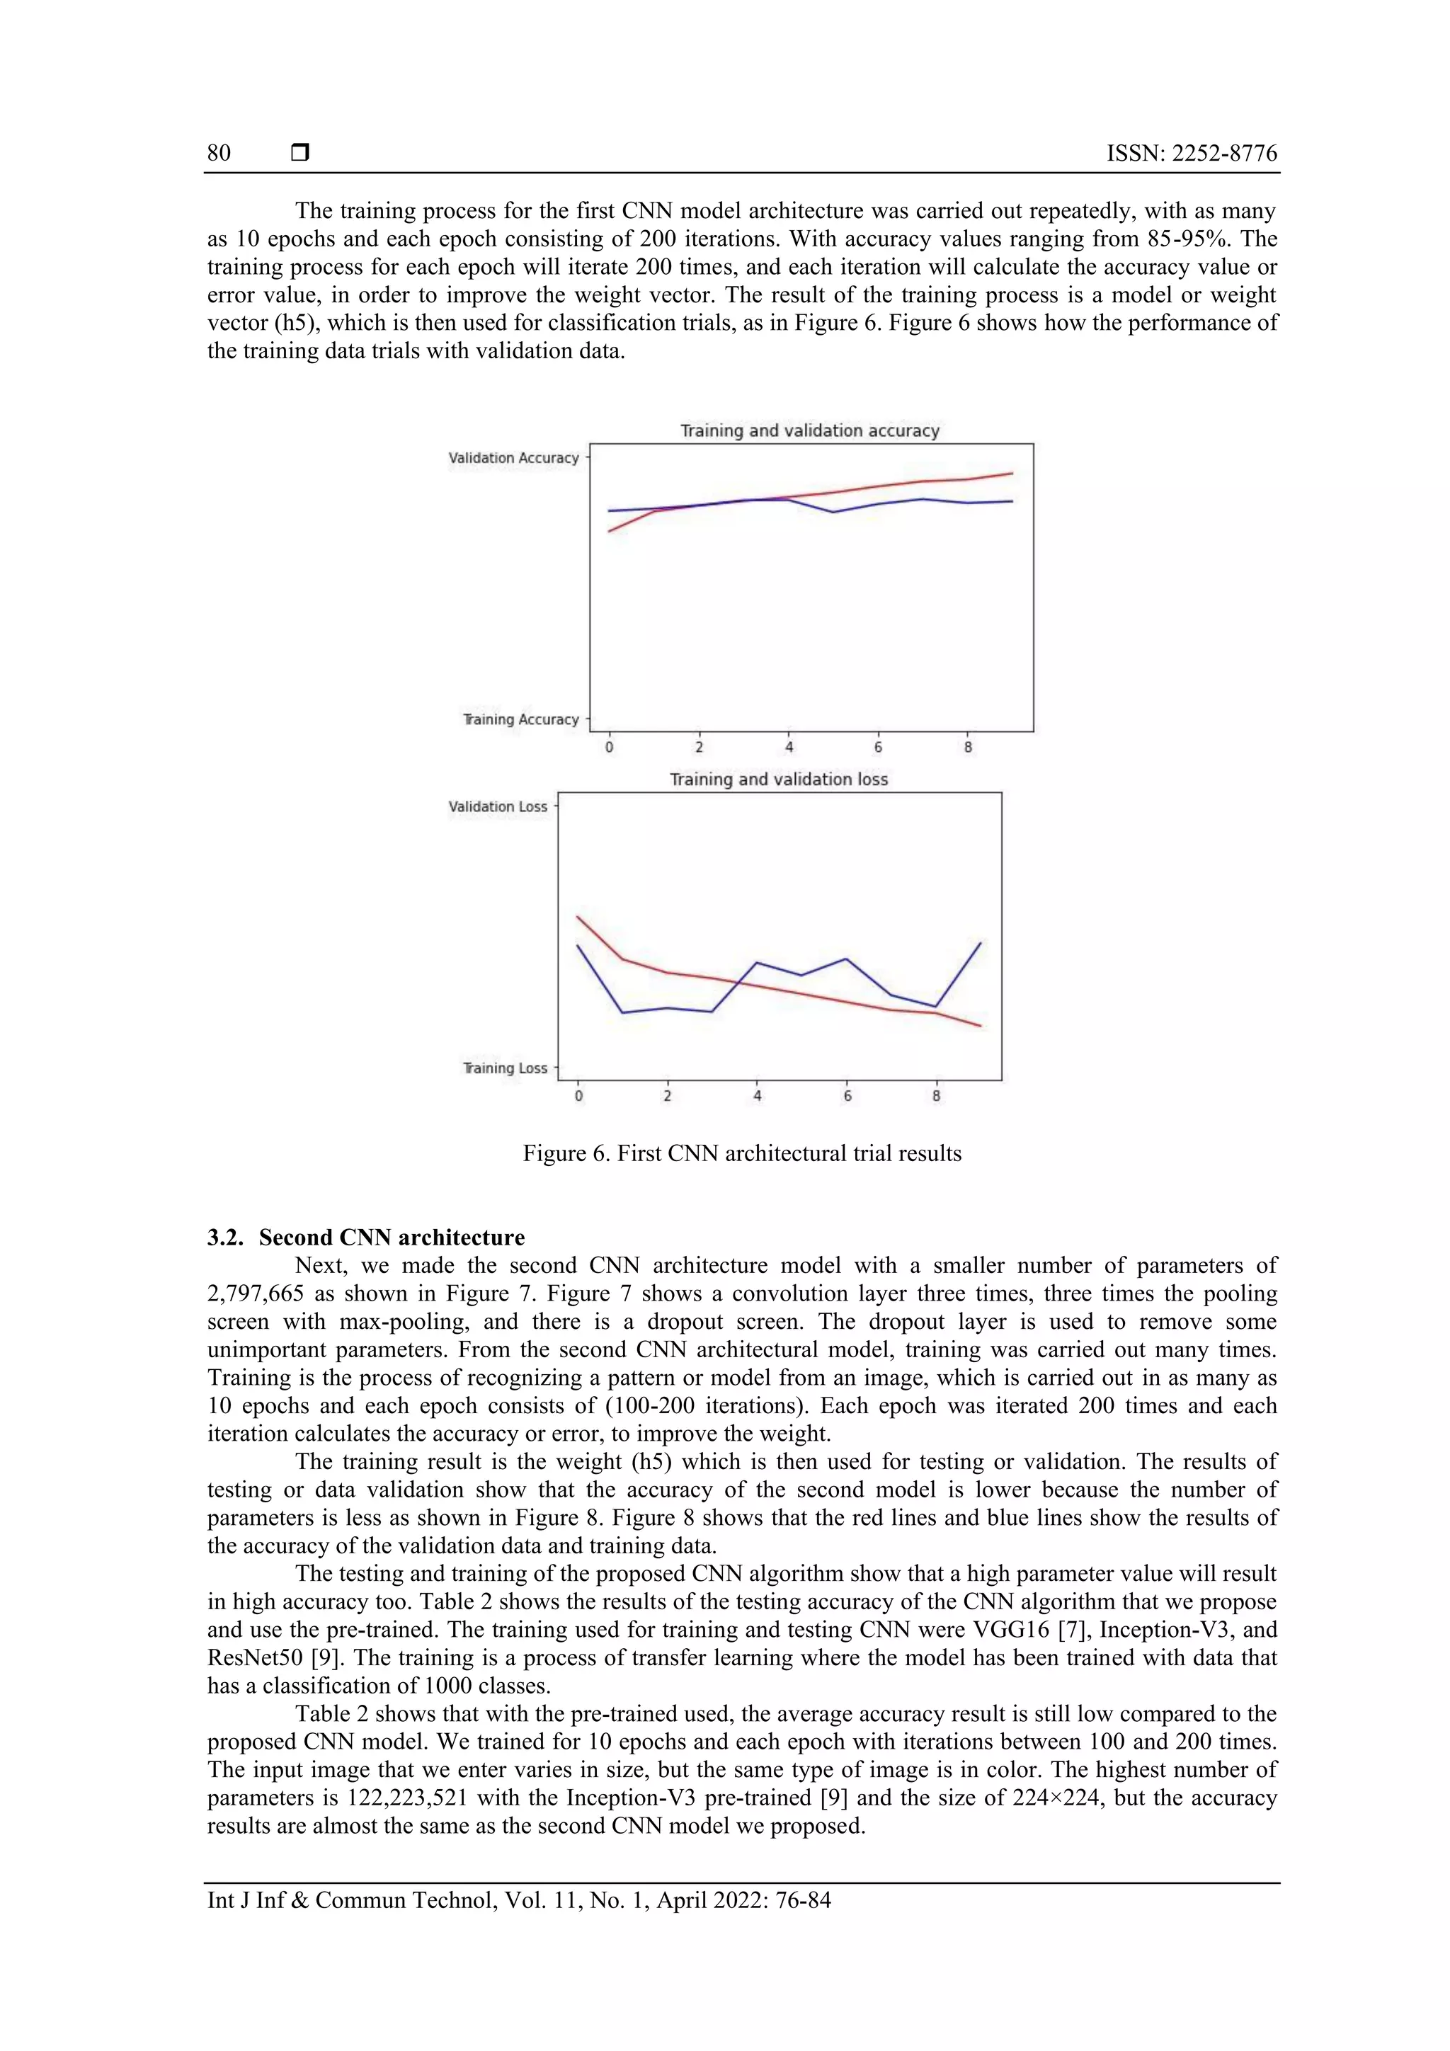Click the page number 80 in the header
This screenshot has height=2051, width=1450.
pos(219,153)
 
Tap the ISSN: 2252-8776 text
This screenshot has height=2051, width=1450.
pos(1191,153)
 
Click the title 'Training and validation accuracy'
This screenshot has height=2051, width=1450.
pos(809,430)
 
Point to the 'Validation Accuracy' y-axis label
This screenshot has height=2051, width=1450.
pos(514,458)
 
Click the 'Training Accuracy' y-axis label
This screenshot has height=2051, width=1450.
pos(521,719)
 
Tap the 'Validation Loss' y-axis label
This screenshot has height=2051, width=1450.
pos(498,806)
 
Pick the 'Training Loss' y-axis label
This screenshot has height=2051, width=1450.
pos(505,1068)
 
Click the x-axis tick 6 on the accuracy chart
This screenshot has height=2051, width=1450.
pos(878,747)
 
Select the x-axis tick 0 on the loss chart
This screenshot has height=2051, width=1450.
pos(578,1096)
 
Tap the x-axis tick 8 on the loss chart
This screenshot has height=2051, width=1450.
pos(936,1096)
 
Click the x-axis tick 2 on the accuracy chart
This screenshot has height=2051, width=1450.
pos(699,747)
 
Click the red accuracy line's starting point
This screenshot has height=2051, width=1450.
pos(610,532)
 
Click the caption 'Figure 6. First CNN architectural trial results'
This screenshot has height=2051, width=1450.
pos(741,1153)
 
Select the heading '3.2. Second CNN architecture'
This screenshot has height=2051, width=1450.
pos(366,1238)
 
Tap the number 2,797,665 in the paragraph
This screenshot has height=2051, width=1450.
pos(256,1293)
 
